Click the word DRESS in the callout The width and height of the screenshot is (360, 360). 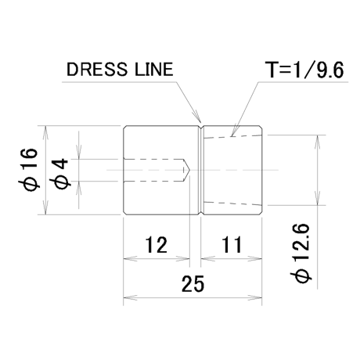(97, 70)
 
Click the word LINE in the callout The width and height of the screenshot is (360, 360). (154, 70)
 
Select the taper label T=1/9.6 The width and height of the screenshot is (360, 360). (304, 70)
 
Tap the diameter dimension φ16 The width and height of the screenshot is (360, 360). (29, 170)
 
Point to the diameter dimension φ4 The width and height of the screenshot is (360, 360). (62, 174)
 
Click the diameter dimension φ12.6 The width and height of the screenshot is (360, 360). (301, 253)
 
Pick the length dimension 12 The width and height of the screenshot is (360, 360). (156, 245)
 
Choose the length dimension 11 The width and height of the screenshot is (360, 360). (232, 245)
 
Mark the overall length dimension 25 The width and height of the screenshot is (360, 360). (193, 284)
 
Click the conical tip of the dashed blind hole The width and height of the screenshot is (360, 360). (187, 170)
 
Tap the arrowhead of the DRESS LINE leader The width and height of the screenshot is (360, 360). (197, 117)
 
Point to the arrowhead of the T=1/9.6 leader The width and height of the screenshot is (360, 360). (234, 131)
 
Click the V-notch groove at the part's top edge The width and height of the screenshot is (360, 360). (201, 128)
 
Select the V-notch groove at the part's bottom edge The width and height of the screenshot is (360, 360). (201, 213)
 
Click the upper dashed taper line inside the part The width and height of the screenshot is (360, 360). (232, 136)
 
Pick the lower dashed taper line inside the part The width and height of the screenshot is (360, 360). (232, 203)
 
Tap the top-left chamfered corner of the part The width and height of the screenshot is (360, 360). (125, 128)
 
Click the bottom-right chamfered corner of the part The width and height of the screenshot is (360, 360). (261, 213)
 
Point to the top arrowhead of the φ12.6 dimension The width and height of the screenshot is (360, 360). (318, 142)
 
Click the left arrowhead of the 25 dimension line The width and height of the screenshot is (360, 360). (130, 298)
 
